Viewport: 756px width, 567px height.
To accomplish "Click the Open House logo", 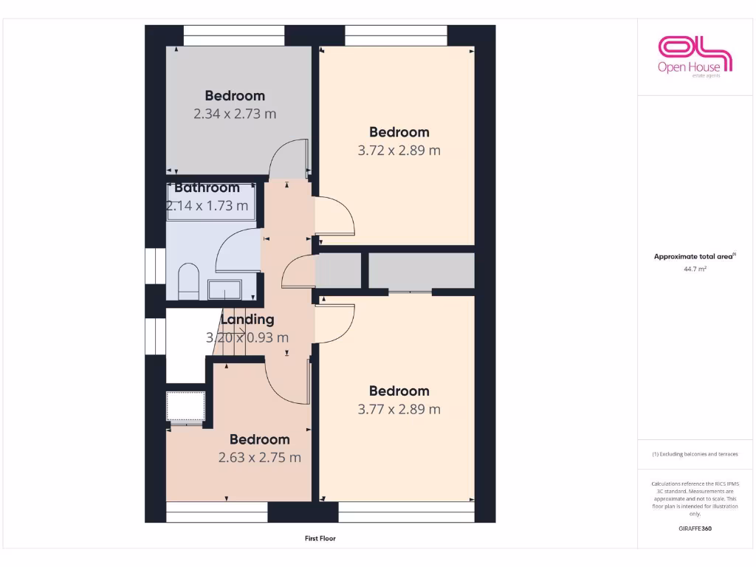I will (x=695, y=55).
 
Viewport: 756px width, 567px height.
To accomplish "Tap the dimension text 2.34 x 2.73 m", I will (x=235, y=114).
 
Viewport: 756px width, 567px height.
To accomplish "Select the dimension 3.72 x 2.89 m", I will (x=399, y=151).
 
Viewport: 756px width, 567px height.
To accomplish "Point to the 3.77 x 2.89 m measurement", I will (x=399, y=409).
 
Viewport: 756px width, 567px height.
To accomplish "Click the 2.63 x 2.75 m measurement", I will (x=259, y=458).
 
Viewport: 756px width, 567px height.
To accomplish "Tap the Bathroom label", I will (x=207, y=188).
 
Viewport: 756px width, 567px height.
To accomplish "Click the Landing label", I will (x=247, y=320).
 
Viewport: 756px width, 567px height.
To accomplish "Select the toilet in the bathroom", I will (x=189, y=281).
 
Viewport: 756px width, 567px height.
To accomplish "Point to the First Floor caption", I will (x=320, y=539).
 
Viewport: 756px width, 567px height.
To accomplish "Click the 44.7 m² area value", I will (x=695, y=269).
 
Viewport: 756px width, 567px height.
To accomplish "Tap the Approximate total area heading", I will (x=694, y=257).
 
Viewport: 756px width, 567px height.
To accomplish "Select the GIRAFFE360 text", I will (x=695, y=529).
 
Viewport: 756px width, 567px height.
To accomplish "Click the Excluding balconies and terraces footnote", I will (x=695, y=454).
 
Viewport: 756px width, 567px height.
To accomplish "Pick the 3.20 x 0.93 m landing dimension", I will (x=247, y=337).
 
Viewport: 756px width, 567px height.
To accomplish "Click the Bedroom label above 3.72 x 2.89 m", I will (x=399, y=132).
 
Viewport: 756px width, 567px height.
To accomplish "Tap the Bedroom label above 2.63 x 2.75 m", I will (x=259, y=439).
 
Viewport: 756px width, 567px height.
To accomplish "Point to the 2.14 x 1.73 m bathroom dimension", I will (x=207, y=205).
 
